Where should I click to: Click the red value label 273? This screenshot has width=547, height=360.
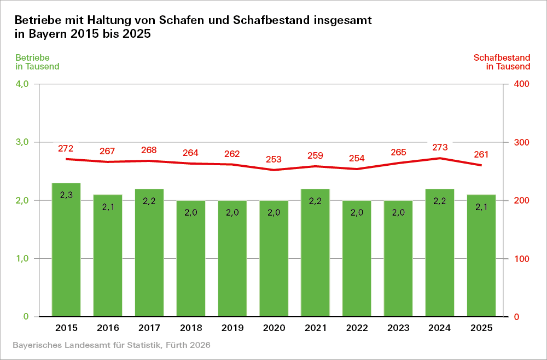click(440, 147)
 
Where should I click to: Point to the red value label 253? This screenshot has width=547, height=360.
click(273, 159)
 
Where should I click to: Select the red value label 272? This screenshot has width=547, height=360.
click(66, 148)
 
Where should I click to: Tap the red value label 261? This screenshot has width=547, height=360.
click(481, 154)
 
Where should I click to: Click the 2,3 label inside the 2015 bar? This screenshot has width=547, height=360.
click(66, 195)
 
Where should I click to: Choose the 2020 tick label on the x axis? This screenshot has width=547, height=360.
click(273, 328)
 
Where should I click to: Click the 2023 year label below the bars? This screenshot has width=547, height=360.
click(398, 328)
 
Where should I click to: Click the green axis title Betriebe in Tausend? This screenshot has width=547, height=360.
click(37, 62)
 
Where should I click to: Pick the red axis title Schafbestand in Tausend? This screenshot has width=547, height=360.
click(502, 62)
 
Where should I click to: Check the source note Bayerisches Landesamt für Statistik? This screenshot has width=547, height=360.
click(110, 346)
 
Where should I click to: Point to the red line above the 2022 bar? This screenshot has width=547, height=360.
click(357, 169)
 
